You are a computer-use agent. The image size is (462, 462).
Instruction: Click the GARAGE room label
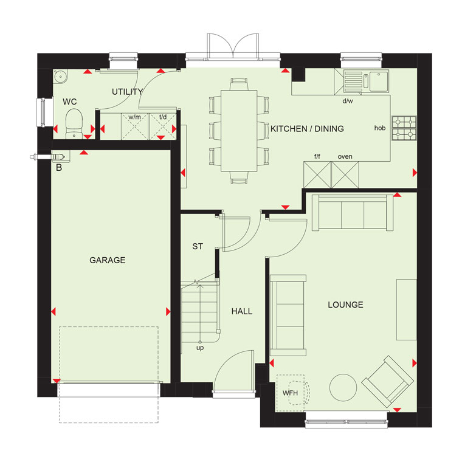107,260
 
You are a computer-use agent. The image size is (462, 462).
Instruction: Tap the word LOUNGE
345,305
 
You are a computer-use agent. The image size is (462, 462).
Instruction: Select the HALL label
241,311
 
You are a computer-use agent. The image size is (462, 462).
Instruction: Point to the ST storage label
198,246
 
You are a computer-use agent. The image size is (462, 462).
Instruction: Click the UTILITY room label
127,92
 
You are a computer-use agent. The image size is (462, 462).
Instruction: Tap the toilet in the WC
74,123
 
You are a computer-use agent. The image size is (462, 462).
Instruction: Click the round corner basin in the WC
61,77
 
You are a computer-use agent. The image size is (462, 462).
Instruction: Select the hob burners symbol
404,128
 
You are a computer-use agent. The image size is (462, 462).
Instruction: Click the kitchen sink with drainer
366,81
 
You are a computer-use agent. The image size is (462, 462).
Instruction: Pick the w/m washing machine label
134,117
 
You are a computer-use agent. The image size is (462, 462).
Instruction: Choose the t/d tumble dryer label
163,117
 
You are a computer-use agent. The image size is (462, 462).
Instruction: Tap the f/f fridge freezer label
317,156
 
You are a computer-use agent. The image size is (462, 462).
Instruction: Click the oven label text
345,157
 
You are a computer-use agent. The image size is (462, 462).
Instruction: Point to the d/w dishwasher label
348,101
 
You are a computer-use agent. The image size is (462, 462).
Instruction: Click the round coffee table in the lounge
343,387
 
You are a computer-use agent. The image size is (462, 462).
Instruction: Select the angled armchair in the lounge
388,382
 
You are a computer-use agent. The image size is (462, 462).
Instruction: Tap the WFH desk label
290,393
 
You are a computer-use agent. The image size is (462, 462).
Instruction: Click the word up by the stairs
200,348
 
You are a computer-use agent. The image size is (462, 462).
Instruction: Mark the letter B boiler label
59,168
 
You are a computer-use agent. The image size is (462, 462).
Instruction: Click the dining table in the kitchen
239,131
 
